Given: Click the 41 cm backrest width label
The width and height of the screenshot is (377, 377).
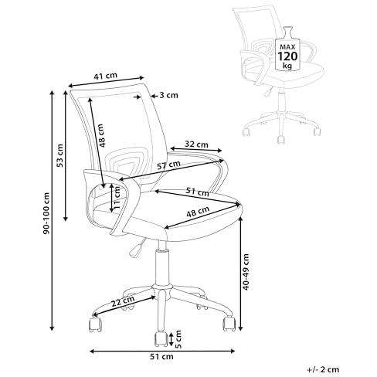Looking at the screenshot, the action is (105, 76).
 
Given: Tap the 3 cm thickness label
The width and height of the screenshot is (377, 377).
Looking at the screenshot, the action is (168, 95).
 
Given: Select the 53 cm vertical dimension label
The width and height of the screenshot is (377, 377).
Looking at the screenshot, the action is (59, 155).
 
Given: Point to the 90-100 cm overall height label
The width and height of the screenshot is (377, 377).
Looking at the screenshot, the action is (46, 213).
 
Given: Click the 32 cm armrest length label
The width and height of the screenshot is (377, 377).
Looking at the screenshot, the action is (196, 144).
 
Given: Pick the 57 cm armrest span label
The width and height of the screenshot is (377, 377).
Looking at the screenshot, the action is (168, 165).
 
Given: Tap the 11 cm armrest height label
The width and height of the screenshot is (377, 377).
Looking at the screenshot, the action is (117, 198).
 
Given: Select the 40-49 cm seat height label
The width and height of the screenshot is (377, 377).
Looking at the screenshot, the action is (246, 272).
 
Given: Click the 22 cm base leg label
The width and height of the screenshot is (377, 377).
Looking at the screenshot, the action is (123, 301).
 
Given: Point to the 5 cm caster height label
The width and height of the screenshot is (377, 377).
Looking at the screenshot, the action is (178, 339).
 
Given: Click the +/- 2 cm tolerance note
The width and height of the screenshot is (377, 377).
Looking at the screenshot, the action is (323, 369).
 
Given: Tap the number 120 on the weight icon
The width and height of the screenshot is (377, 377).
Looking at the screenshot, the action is (287, 56).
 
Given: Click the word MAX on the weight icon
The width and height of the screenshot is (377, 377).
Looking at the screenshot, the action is (287, 47).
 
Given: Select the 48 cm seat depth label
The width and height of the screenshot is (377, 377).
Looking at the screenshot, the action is (198, 212).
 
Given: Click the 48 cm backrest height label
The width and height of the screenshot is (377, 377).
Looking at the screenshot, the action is (102, 135).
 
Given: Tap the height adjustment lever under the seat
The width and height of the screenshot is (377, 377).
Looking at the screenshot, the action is (137, 248).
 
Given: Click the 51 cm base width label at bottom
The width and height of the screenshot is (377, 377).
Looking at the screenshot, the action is (161, 357).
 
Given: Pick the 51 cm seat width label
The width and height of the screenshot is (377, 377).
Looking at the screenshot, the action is (197, 192).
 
